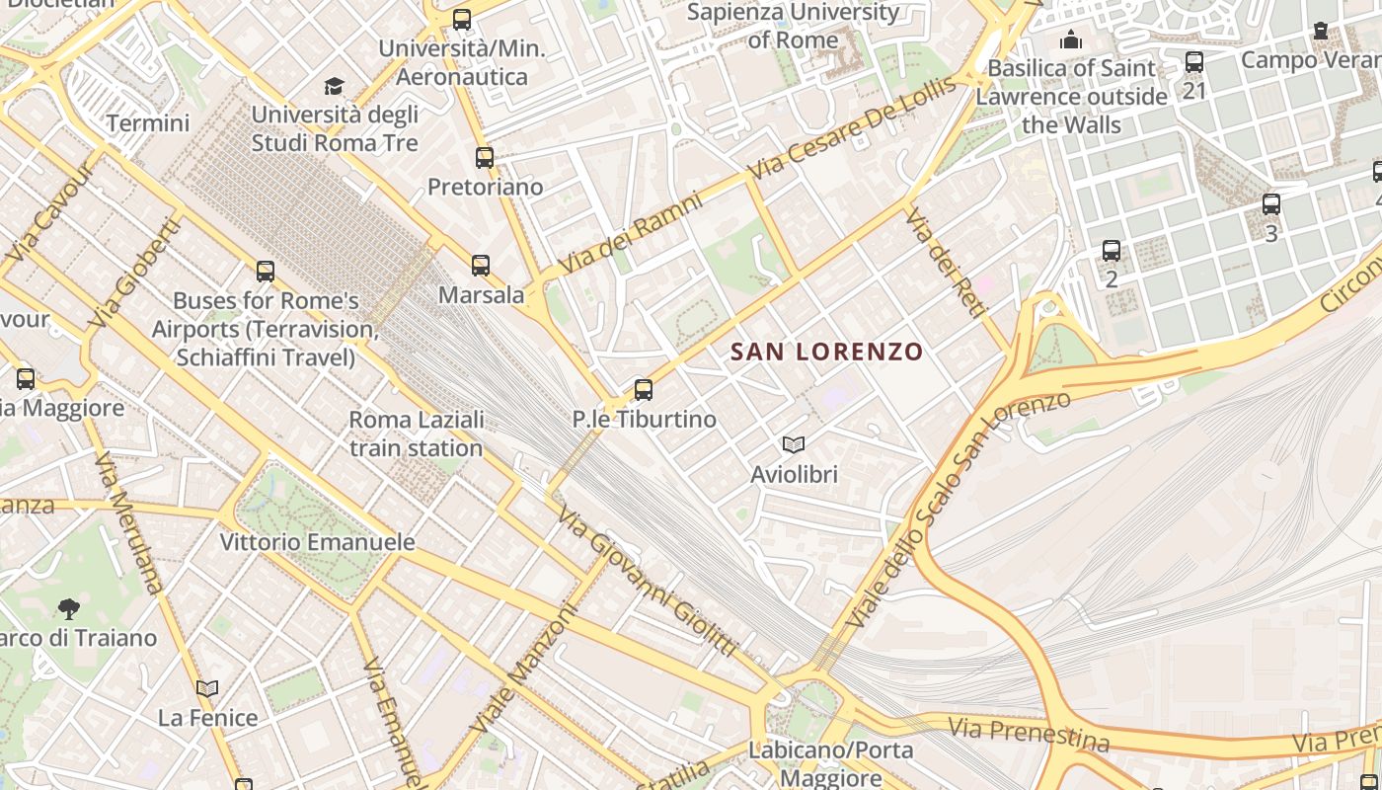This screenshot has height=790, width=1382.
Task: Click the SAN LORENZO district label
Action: pos(827,352)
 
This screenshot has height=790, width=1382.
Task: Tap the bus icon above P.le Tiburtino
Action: pos(644,389)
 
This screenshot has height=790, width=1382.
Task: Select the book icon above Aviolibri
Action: pos(794,444)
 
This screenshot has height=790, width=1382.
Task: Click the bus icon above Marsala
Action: pos(481,265)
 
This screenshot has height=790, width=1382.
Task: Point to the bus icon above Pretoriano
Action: pos(484,157)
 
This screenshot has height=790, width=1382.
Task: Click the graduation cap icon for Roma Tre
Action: pos(335,86)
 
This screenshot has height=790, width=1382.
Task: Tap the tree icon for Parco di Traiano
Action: pos(68,607)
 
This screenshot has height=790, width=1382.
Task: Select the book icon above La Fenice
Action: pos(207,688)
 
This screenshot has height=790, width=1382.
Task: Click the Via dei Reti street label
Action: pos(945,263)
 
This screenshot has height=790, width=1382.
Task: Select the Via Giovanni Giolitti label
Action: pos(646,582)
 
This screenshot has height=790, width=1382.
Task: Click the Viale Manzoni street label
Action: pos(523,669)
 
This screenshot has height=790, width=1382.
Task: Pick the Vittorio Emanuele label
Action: pos(317,542)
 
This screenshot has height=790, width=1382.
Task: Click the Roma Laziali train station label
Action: pos(416,434)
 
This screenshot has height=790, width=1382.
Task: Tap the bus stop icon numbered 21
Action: pos(1194,62)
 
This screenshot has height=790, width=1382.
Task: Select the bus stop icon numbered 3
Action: pos(1271,204)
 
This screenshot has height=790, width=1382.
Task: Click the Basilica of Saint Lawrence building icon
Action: pos(1070,40)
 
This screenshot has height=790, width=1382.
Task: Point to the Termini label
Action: pos(148,123)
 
